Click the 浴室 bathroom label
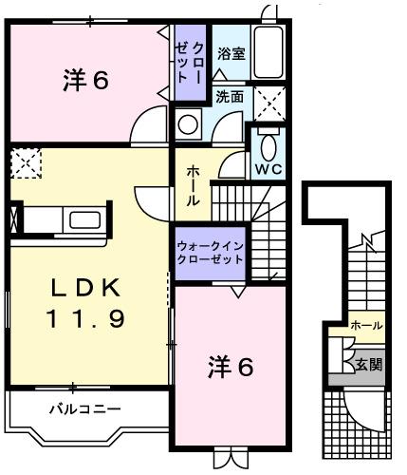[231, 54]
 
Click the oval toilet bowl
[268, 146]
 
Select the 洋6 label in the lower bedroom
[231, 366]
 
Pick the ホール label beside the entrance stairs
[366, 326]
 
